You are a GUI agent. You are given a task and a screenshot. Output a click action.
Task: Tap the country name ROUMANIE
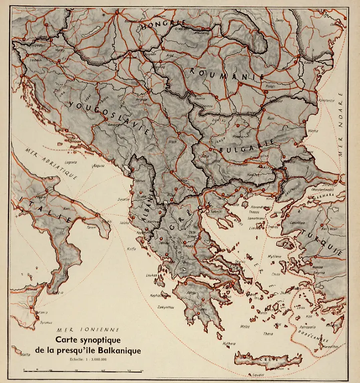[227, 74]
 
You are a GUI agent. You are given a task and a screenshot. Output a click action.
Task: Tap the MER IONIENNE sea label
[88, 330]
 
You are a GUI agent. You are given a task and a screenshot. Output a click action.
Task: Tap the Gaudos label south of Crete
[258, 375]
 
